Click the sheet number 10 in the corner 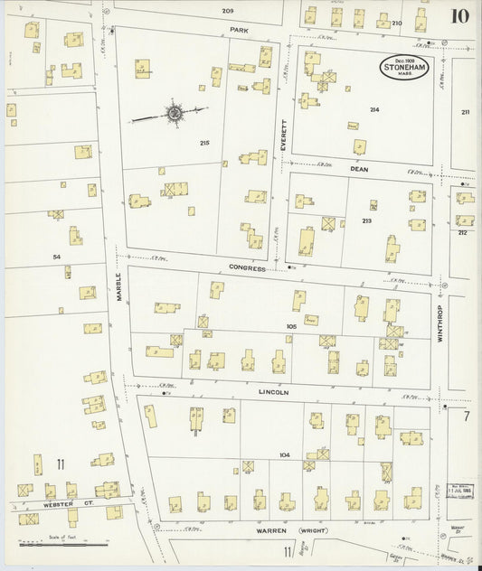click(x=461, y=16)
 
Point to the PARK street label click(x=239, y=30)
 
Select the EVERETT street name click(x=281, y=136)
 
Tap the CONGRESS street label click(x=246, y=268)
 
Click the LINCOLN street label click(x=273, y=392)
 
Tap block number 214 click(x=373, y=109)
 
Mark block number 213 click(x=366, y=219)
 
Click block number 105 click(x=291, y=326)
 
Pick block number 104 click(x=284, y=454)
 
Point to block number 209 click(x=228, y=10)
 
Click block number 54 click(x=56, y=257)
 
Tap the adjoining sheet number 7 click(x=467, y=417)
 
